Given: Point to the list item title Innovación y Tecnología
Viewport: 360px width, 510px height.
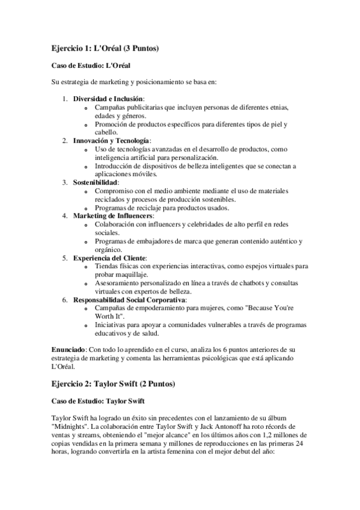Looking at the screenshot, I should point(111,140).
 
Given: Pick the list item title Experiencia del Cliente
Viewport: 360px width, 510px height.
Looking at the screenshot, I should point(109,257).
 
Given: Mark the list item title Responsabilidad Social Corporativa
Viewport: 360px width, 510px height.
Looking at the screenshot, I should point(129,299).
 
